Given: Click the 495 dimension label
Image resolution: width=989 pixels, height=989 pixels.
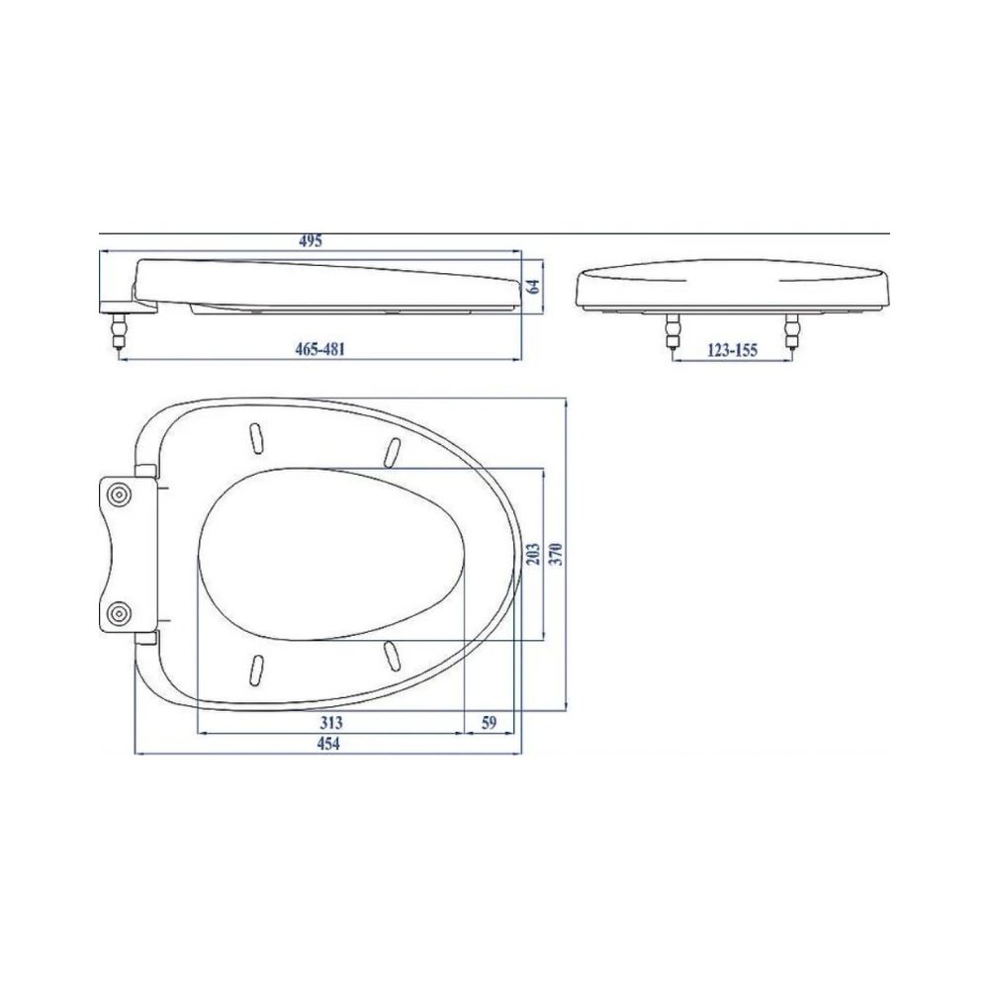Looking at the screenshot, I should (311, 240).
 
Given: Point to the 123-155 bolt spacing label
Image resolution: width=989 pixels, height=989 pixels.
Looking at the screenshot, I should (732, 348).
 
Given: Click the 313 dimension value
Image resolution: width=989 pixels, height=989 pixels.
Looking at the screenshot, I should (330, 723).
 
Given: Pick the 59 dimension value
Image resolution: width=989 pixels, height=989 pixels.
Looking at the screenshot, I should (489, 723).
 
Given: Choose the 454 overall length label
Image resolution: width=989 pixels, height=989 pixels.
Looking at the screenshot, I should (326, 745).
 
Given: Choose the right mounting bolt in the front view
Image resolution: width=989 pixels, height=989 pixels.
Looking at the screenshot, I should (791, 331).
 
